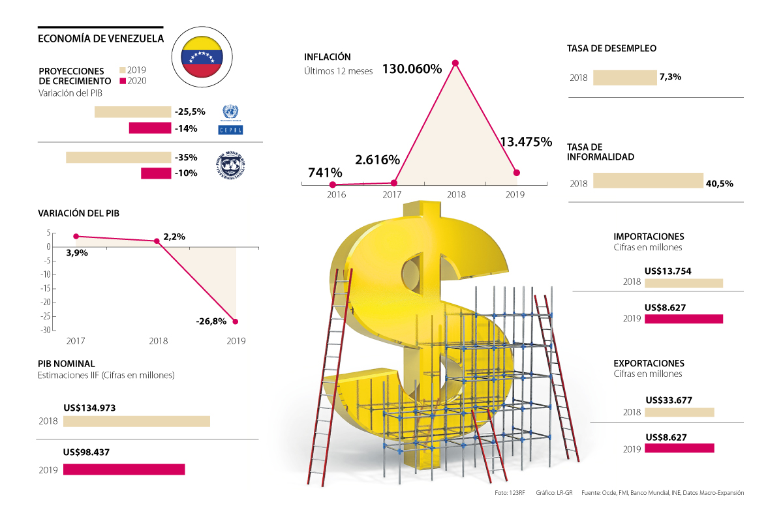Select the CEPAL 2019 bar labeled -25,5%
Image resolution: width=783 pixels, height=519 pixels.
132,112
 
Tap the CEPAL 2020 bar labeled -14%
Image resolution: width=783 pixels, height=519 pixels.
149,128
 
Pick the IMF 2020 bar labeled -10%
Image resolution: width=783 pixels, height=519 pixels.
155,173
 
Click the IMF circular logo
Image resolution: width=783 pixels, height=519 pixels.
230,165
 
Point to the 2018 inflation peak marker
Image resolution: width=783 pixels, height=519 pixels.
455,63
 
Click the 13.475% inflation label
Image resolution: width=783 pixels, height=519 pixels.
526,141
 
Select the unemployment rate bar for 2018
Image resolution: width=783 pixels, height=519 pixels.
624,78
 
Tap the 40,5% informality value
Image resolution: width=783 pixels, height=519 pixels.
720,184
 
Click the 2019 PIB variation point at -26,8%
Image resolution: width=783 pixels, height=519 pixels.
236,321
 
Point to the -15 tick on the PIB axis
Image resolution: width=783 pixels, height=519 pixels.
46,288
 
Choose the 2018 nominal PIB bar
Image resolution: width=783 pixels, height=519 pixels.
136,421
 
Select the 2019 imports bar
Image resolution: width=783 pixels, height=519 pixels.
684,319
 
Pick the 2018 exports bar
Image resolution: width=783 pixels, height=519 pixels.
679,412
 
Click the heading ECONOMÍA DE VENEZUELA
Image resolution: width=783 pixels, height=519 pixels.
101,38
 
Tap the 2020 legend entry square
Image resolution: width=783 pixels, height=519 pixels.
122,82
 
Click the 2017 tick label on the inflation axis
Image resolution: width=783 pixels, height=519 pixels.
391,194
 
